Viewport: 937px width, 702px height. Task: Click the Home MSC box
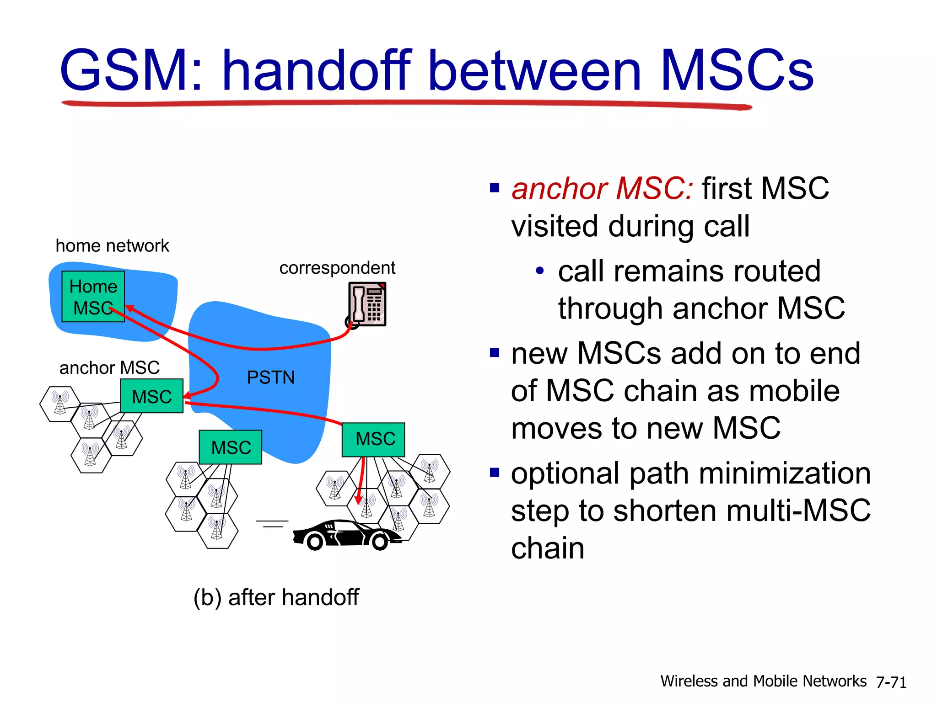pos(93,296)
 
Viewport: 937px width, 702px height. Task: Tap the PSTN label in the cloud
pos(270,378)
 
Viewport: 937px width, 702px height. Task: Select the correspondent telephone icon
pos(367,304)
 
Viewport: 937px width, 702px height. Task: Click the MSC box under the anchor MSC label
pos(151,396)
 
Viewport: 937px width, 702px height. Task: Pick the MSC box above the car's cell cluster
pos(373,439)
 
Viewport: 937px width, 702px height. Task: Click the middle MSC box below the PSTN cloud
pos(231,447)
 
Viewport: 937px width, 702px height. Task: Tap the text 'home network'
pos(112,246)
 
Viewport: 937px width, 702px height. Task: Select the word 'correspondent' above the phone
pos(337,268)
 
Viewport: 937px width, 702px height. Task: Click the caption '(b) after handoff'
pos(276,597)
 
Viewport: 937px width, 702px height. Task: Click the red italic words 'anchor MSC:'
pos(602,188)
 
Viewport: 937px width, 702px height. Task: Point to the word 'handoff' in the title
pos(317,71)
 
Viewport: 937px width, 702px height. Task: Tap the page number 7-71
pos(891,682)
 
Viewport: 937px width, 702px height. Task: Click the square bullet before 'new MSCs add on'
pos(494,353)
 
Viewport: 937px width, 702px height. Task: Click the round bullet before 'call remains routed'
pos(540,271)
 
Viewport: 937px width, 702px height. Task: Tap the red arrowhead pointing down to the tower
pos(359,499)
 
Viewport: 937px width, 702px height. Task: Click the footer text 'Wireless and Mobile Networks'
pos(763,681)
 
